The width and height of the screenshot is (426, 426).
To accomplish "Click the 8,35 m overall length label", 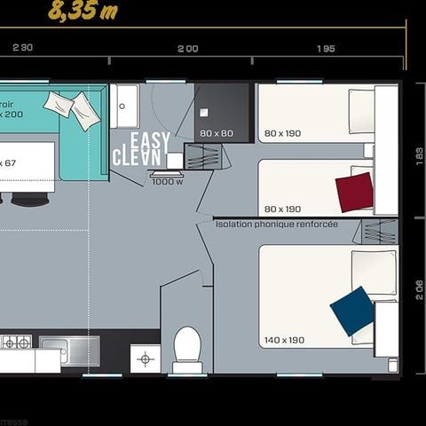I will pyautogui.click(x=83, y=11).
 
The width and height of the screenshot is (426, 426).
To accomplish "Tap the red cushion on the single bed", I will pyautogui.click(x=354, y=192).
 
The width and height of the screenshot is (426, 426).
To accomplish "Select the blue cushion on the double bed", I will pyautogui.click(x=352, y=310).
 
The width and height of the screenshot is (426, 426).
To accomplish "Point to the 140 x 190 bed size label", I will pyautogui.click(x=283, y=340).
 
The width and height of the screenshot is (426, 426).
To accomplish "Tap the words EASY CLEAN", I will pyautogui.click(x=140, y=149).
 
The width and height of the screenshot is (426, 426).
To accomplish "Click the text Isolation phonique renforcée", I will pyautogui.click(x=276, y=225).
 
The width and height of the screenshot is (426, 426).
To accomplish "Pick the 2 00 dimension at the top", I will pyautogui.click(x=187, y=49).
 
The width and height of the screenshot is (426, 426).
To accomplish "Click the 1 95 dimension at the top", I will pyautogui.click(x=325, y=49).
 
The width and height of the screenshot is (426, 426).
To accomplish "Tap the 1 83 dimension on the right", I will pyautogui.click(x=418, y=151).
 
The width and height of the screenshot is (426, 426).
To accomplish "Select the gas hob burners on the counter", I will pyautogui.click(x=16, y=342).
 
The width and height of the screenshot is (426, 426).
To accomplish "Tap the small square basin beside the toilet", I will pyautogui.click(x=145, y=359).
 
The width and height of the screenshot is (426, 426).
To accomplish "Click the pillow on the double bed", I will pyautogui.click(x=374, y=272).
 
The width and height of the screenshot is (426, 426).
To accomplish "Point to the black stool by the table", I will pyautogui.click(x=29, y=200).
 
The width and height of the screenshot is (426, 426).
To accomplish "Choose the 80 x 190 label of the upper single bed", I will pyautogui.click(x=282, y=134).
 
